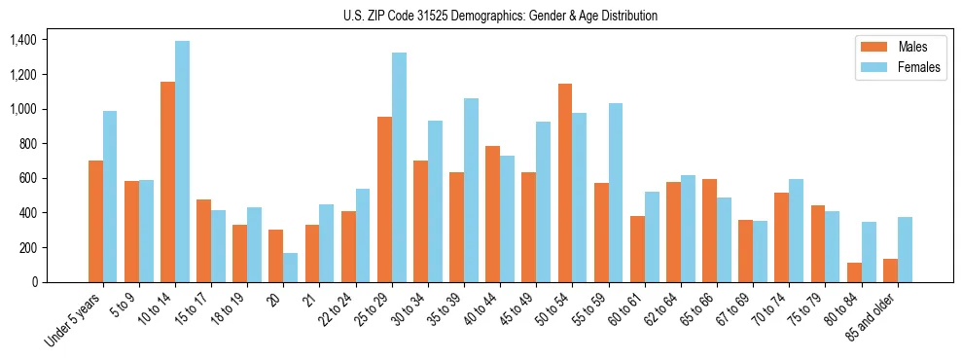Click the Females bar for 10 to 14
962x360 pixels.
(x=182, y=162)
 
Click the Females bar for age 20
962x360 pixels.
(x=291, y=268)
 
